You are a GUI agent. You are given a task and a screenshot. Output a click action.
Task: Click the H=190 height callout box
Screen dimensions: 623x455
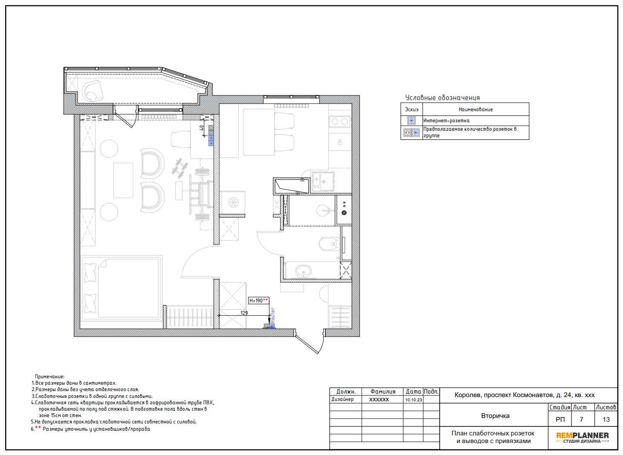258,301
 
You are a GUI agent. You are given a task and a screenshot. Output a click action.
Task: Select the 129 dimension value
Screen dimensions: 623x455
244,313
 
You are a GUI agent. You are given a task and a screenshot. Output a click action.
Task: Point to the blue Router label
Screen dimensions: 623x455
272,315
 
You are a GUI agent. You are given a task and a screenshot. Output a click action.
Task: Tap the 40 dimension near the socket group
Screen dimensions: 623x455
202,128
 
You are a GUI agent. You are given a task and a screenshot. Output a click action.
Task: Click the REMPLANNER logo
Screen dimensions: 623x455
582,438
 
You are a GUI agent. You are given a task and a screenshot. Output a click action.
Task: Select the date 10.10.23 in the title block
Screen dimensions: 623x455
413,400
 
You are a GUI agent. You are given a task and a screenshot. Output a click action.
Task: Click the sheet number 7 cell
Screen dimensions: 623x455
581,419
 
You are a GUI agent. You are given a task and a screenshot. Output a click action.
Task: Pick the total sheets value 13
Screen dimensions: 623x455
606,419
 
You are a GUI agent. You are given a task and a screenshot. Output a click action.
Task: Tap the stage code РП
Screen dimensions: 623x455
560,419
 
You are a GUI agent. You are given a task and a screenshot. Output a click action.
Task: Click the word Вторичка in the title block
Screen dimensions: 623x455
496,416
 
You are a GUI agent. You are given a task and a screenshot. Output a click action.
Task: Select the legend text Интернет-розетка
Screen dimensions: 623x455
446,121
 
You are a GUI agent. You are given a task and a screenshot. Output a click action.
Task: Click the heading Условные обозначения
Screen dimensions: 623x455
443,98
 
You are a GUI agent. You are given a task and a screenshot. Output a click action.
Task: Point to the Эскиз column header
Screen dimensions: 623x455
411,109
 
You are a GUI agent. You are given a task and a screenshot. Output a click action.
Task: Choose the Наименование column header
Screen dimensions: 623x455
475,109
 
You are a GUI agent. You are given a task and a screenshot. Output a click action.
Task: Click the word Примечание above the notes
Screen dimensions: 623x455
49,377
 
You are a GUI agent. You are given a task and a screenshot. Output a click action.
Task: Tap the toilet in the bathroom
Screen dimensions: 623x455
328,244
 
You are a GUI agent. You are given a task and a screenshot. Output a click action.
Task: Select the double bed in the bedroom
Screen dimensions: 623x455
122,288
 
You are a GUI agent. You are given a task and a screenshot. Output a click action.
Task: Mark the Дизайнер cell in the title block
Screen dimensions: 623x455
342,400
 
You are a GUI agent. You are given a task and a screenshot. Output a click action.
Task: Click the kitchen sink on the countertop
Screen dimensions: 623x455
323,181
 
